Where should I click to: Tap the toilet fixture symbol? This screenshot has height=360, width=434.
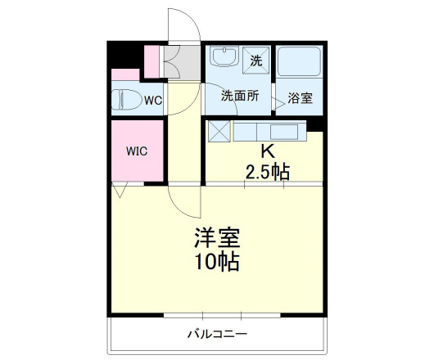[126, 100]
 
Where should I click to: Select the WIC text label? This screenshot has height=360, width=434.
[136, 151]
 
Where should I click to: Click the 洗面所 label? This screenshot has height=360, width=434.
[239, 95]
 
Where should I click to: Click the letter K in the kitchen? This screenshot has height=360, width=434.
[266, 151]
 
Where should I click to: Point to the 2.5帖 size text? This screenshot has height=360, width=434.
[267, 171]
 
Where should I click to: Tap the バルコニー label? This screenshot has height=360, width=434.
[217, 334]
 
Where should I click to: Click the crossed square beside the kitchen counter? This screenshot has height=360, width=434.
[219, 131]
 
